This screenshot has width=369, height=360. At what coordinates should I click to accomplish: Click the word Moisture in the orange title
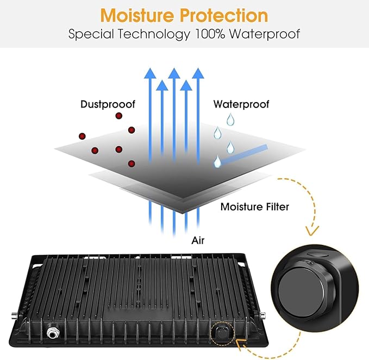tap(137, 16)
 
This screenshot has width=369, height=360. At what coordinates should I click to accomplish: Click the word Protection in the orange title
tap(224, 16)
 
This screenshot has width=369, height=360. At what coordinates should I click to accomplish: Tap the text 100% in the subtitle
tap(210, 34)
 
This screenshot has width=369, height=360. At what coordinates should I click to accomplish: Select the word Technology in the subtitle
tap(154, 34)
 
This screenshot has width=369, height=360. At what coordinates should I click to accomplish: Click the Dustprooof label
tap(108, 104)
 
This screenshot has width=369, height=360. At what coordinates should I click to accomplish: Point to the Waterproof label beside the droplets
tap(241, 104)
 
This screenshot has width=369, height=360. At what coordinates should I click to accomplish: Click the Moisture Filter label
tap(255, 207)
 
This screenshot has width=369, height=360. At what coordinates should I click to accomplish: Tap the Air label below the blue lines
tap(198, 241)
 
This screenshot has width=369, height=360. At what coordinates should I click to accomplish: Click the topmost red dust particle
tap(119, 116)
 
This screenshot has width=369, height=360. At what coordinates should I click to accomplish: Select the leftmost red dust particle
tap(82, 136)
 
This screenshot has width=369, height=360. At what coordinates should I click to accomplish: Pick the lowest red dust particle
tap(132, 163)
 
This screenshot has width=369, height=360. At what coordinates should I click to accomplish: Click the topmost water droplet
tap(230, 119)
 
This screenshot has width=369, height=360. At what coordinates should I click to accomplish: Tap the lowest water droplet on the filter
tap(217, 161)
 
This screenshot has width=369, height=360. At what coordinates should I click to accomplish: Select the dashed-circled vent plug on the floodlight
tap(222, 333)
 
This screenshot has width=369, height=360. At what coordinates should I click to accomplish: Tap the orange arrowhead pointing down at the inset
tap(312, 230)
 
